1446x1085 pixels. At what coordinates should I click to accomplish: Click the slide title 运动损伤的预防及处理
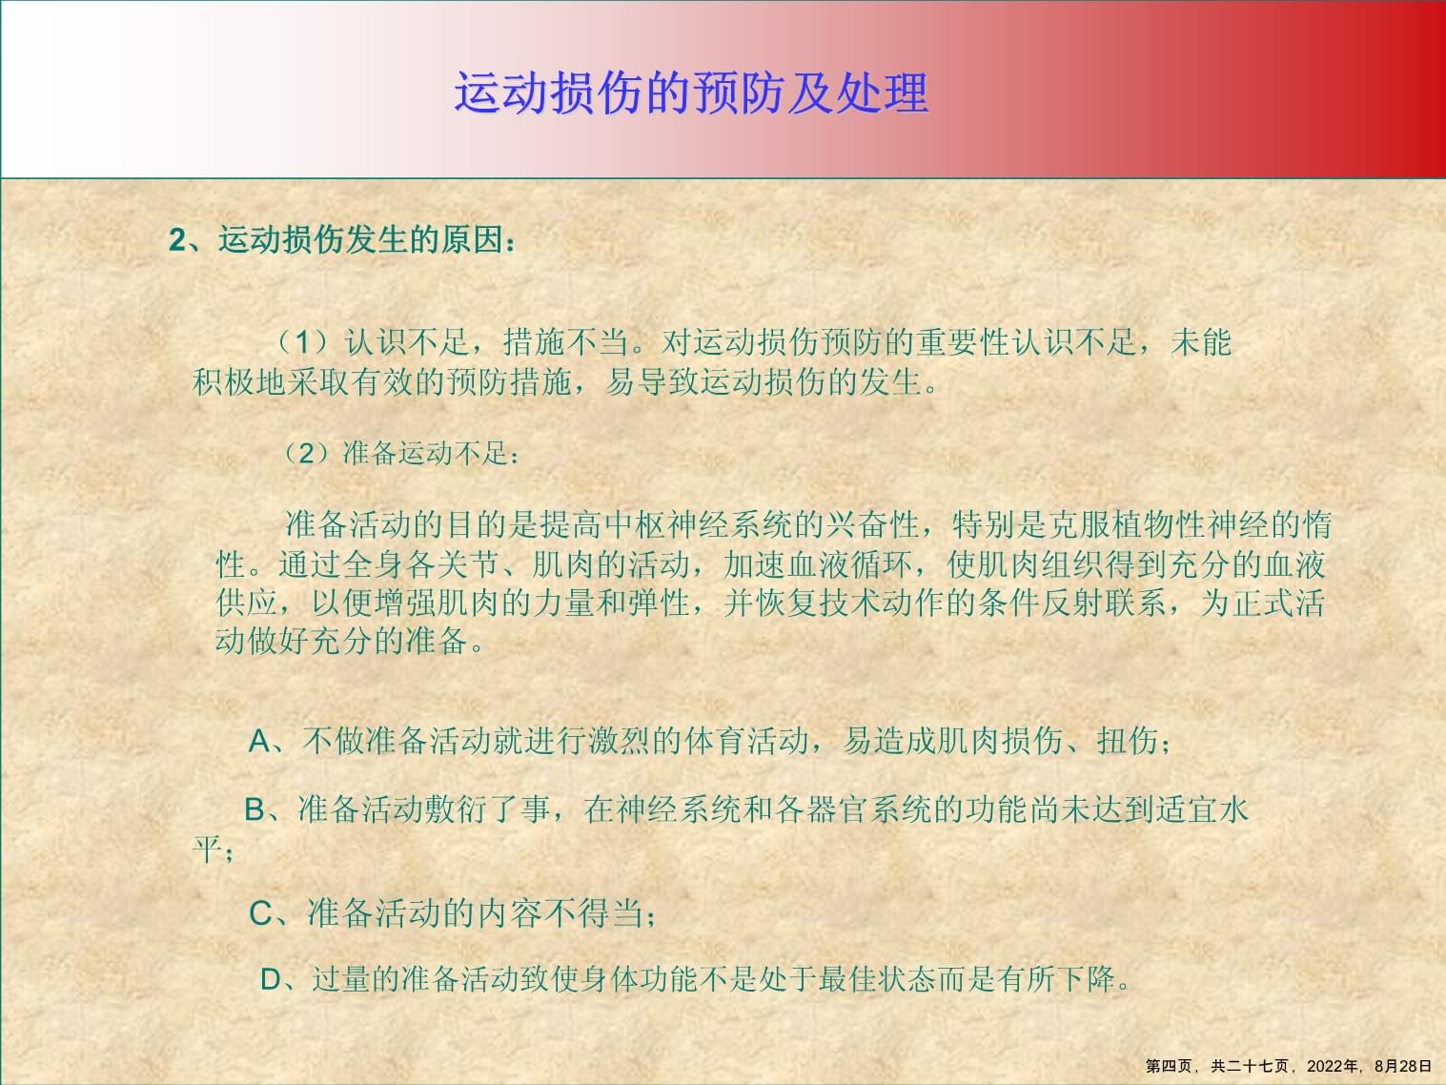[x=690, y=93]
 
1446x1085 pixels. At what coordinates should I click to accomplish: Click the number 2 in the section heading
[x=176, y=240]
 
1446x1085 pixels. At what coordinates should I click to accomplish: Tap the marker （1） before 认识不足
[x=300, y=342]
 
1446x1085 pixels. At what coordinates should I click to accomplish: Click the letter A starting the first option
[x=259, y=741]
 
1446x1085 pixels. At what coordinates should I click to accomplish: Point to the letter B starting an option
[x=255, y=809]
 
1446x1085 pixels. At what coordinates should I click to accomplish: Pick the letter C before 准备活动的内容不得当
[x=260, y=913]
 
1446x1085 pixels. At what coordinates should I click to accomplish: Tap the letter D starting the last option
[x=272, y=979]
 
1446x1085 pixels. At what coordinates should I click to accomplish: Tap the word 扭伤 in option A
[x=1128, y=741]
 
